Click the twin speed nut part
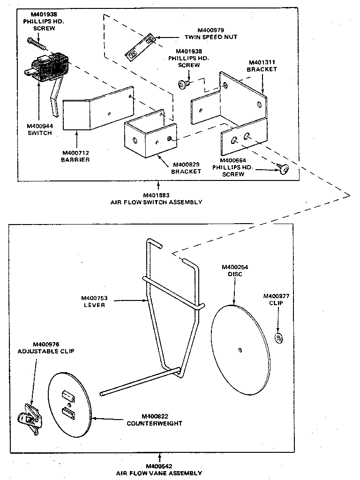pos(140,47)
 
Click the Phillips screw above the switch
pos(37,44)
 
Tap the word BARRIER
pos(75,159)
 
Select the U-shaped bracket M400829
pos(150,136)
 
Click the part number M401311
pos(262,62)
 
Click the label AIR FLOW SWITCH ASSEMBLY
pos(156,202)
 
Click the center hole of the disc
pos(240,348)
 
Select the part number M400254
pos(235,267)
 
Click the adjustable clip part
pos(29,417)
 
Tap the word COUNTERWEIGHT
pos(154,423)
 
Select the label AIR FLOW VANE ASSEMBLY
pos(159,473)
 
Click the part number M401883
pos(156,195)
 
